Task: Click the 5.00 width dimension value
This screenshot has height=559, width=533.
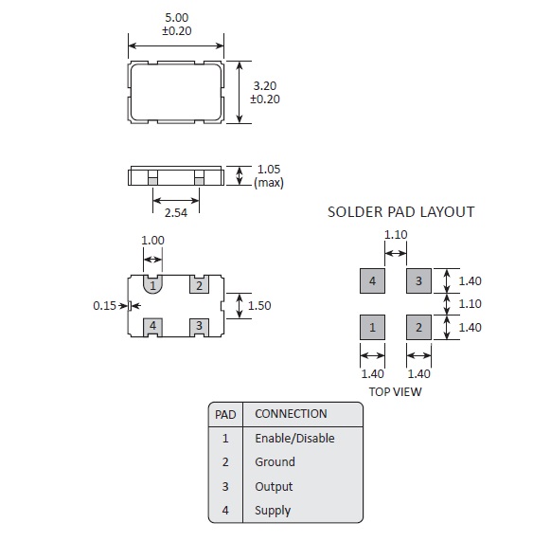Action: (x=177, y=18)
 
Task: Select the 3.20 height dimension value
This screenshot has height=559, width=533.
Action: (x=265, y=86)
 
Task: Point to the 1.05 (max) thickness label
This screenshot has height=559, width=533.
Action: (x=269, y=176)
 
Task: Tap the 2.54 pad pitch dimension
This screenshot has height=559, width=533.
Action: (x=176, y=213)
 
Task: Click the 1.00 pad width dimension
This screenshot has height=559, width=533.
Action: (x=152, y=241)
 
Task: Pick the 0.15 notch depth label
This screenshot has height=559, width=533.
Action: (x=104, y=305)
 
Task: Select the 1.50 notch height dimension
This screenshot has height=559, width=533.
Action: (x=259, y=305)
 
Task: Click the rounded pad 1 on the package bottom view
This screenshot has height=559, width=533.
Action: (x=152, y=284)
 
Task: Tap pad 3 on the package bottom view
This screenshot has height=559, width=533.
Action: (x=199, y=327)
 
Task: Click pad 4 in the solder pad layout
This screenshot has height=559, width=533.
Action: (x=372, y=281)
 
